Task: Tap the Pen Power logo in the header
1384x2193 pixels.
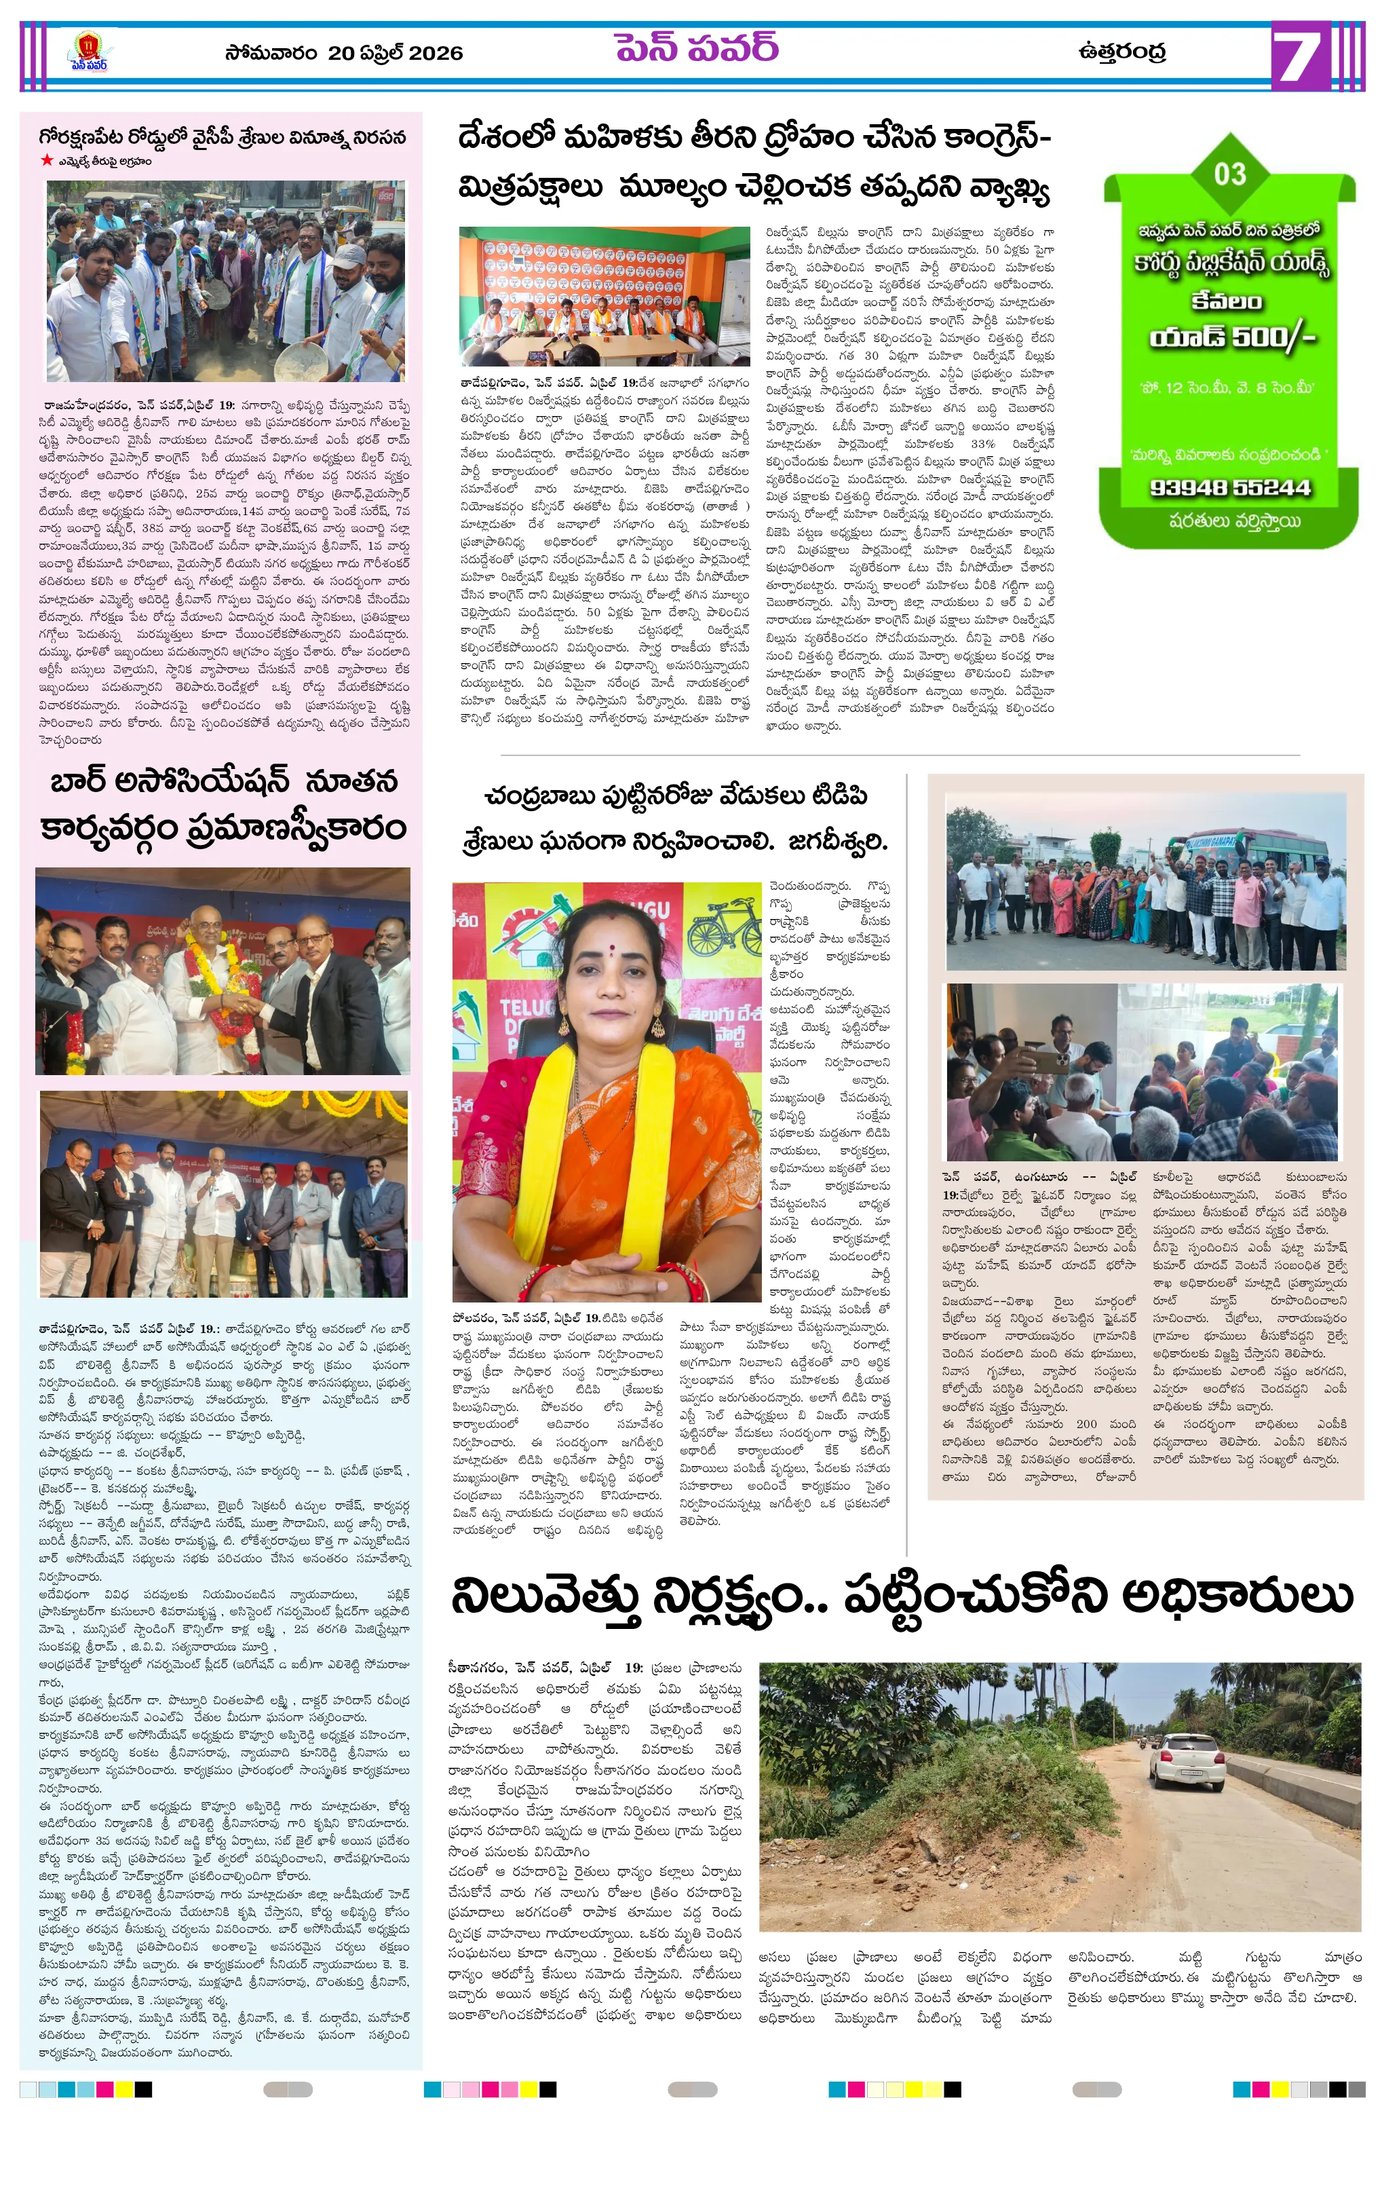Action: point(88,53)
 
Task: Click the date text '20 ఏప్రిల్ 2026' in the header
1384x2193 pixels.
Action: point(395,53)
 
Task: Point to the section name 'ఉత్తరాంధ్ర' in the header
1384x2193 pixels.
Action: point(1121,51)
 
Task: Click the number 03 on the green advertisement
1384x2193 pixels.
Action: point(1229,173)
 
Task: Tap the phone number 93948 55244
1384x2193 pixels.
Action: point(1229,487)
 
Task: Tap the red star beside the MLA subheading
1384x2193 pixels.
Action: point(45,160)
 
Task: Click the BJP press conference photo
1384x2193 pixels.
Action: point(604,297)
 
